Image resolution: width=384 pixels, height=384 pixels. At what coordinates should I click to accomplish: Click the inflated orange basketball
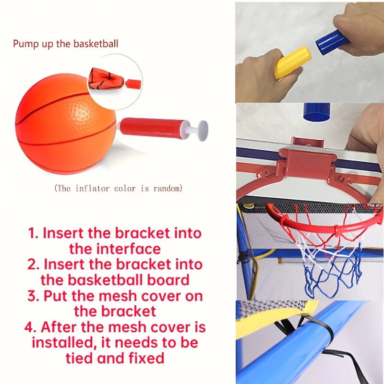[65, 124]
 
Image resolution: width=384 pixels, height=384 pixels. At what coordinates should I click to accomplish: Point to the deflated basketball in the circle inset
[106, 78]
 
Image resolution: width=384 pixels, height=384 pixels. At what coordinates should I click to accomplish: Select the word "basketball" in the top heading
[96, 44]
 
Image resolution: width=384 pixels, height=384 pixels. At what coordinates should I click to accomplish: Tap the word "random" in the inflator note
[168, 188]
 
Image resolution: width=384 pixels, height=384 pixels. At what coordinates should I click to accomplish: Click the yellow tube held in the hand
[292, 62]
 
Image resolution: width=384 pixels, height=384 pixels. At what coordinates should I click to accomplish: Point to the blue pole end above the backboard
[317, 112]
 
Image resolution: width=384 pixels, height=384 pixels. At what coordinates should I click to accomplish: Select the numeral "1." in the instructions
[34, 233]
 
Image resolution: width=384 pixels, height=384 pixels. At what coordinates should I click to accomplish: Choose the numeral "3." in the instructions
[34, 296]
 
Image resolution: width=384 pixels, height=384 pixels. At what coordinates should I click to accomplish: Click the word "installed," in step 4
[64, 343]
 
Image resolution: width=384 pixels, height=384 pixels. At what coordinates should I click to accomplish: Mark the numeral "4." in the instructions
[31, 327]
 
